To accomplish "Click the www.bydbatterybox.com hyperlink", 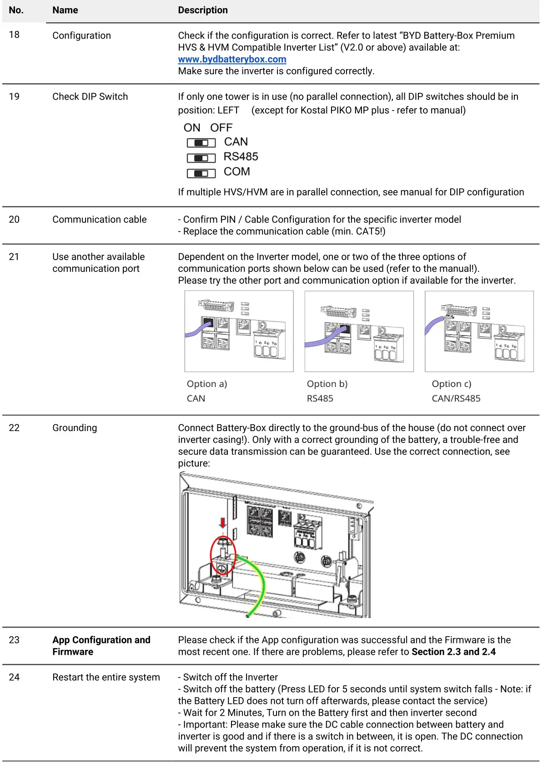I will click(232, 59).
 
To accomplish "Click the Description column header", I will click(203, 10).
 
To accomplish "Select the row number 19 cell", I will click(14, 96).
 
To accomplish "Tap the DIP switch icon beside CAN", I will click(201, 143).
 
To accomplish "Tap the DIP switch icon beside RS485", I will click(201, 158).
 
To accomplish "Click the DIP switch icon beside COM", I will click(201, 173).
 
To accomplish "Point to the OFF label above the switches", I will click(221, 128).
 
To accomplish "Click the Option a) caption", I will click(206, 384).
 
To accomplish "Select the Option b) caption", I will click(327, 384).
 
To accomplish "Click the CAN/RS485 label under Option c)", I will click(456, 398).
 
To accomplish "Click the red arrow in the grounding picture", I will click(222, 522).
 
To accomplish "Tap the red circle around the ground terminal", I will click(222, 556).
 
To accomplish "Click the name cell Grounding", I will click(75, 428).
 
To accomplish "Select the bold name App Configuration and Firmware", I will click(101, 646).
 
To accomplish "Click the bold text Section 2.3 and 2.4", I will click(453, 652).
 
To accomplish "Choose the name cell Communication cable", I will click(99, 220).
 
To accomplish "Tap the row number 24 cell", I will click(14, 677).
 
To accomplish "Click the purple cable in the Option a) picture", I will click(196, 331).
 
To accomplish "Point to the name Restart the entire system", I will click(106, 677).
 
